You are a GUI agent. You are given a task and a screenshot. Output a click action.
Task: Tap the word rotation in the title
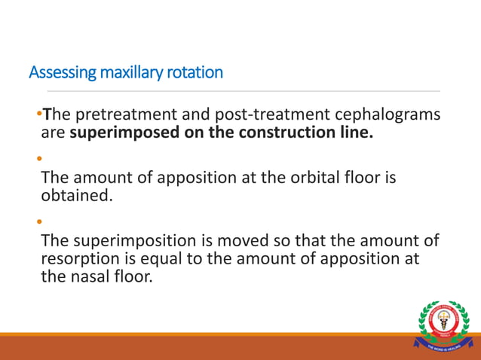(196, 73)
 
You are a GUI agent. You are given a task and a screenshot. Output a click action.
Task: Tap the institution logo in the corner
(443, 325)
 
